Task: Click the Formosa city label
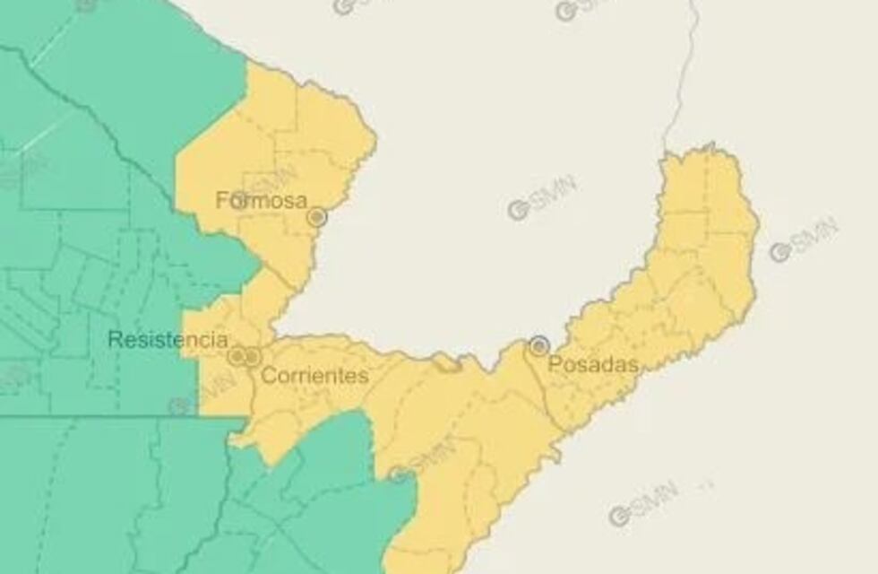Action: [262, 200]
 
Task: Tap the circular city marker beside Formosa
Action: [316, 217]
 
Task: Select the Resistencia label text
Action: [168, 340]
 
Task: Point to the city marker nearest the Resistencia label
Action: [237, 357]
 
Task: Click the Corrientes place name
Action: [314, 376]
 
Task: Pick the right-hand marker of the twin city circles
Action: [253, 357]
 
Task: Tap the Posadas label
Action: [593, 364]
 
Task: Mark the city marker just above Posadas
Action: [538, 345]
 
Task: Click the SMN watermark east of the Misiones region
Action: [804, 239]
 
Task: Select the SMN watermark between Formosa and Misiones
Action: [542, 198]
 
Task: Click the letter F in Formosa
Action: [221, 200]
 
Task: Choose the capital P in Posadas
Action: [553, 364]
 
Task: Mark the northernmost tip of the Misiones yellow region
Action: [710, 145]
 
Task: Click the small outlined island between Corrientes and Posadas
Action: [445, 362]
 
